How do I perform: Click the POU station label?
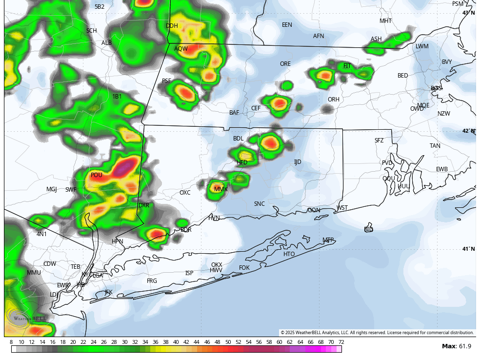coord(97,175)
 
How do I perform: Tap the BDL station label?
coord(238,139)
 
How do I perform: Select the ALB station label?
coord(106,43)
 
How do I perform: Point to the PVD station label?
coord(387,163)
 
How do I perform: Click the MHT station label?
coord(386,21)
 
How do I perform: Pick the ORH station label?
coord(334,100)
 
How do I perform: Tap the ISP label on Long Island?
coord(189,273)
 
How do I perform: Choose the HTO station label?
coord(289,254)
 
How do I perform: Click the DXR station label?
coord(144,205)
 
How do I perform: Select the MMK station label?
coord(221,189)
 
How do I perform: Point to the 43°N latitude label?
coord(468,13)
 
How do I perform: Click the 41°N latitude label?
coord(468,249)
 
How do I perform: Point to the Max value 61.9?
coord(457,346)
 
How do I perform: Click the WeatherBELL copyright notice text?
coord(377,333)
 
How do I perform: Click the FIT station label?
coord(347,66)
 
